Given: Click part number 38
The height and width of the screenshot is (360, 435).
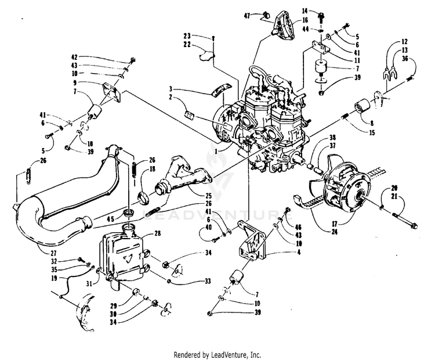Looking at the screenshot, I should click(332, 138).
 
